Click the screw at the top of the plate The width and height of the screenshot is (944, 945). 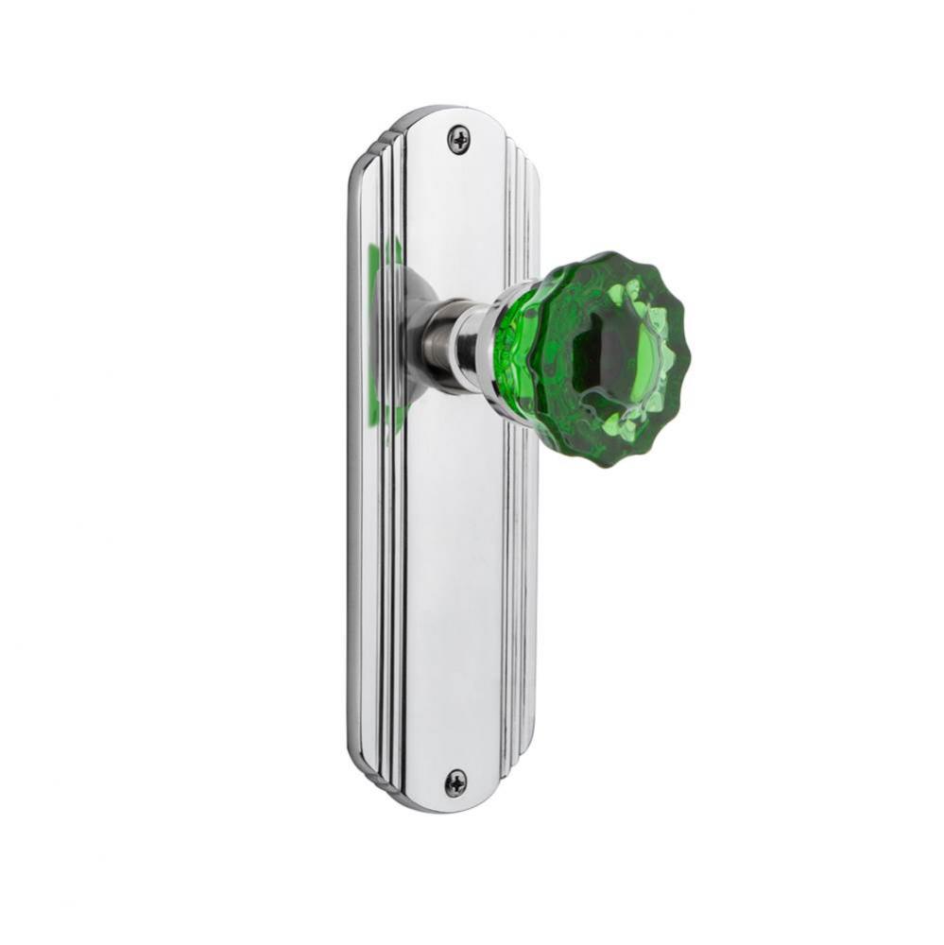pos(458,141)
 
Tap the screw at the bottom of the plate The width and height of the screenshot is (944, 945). pos(455,782)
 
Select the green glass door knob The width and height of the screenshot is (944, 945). pos(595,359)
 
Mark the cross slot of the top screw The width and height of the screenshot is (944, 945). pos(458,141)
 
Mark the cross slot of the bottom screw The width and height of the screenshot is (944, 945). pos(455,782)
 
